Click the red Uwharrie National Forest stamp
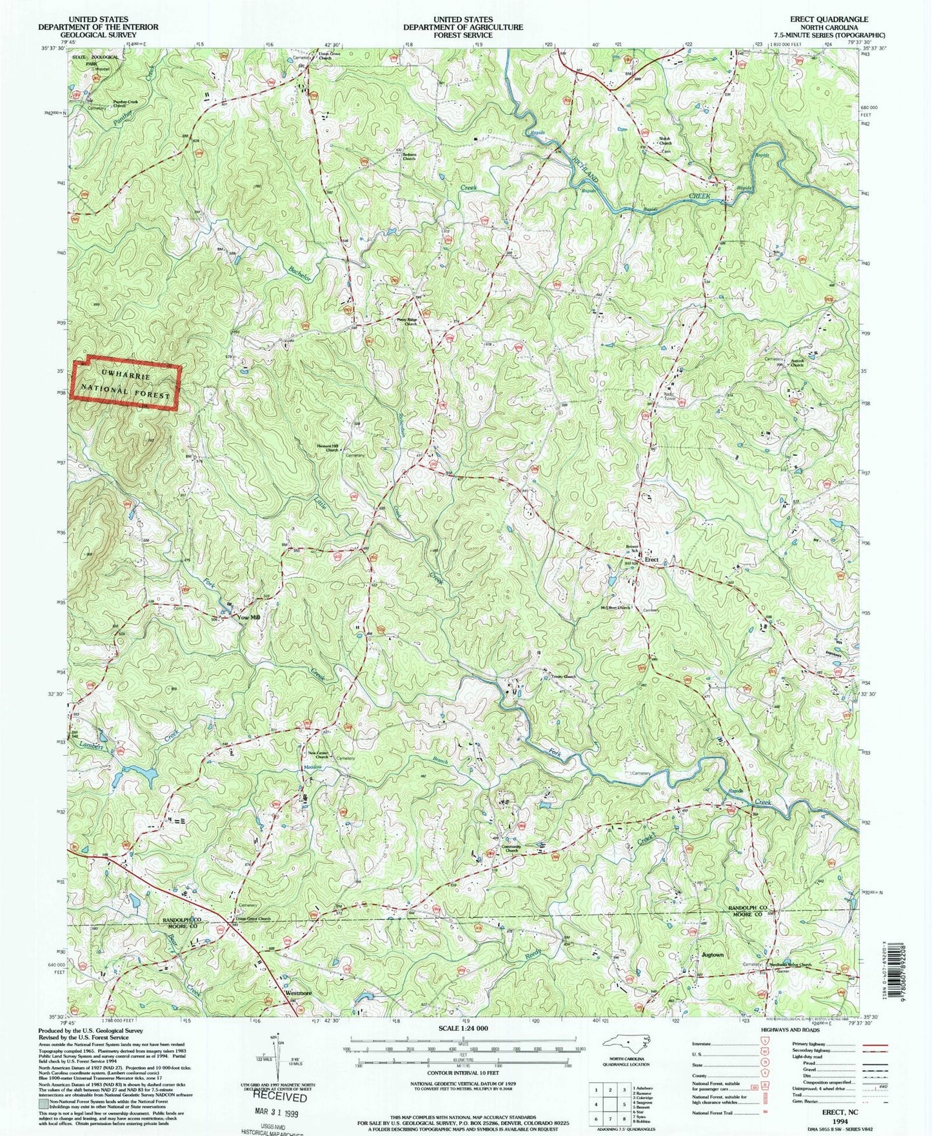click(126, 383)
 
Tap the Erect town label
click(651, 559)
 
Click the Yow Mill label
click(249, 617)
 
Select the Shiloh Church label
click(665, 141)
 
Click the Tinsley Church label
click(564, 677)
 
